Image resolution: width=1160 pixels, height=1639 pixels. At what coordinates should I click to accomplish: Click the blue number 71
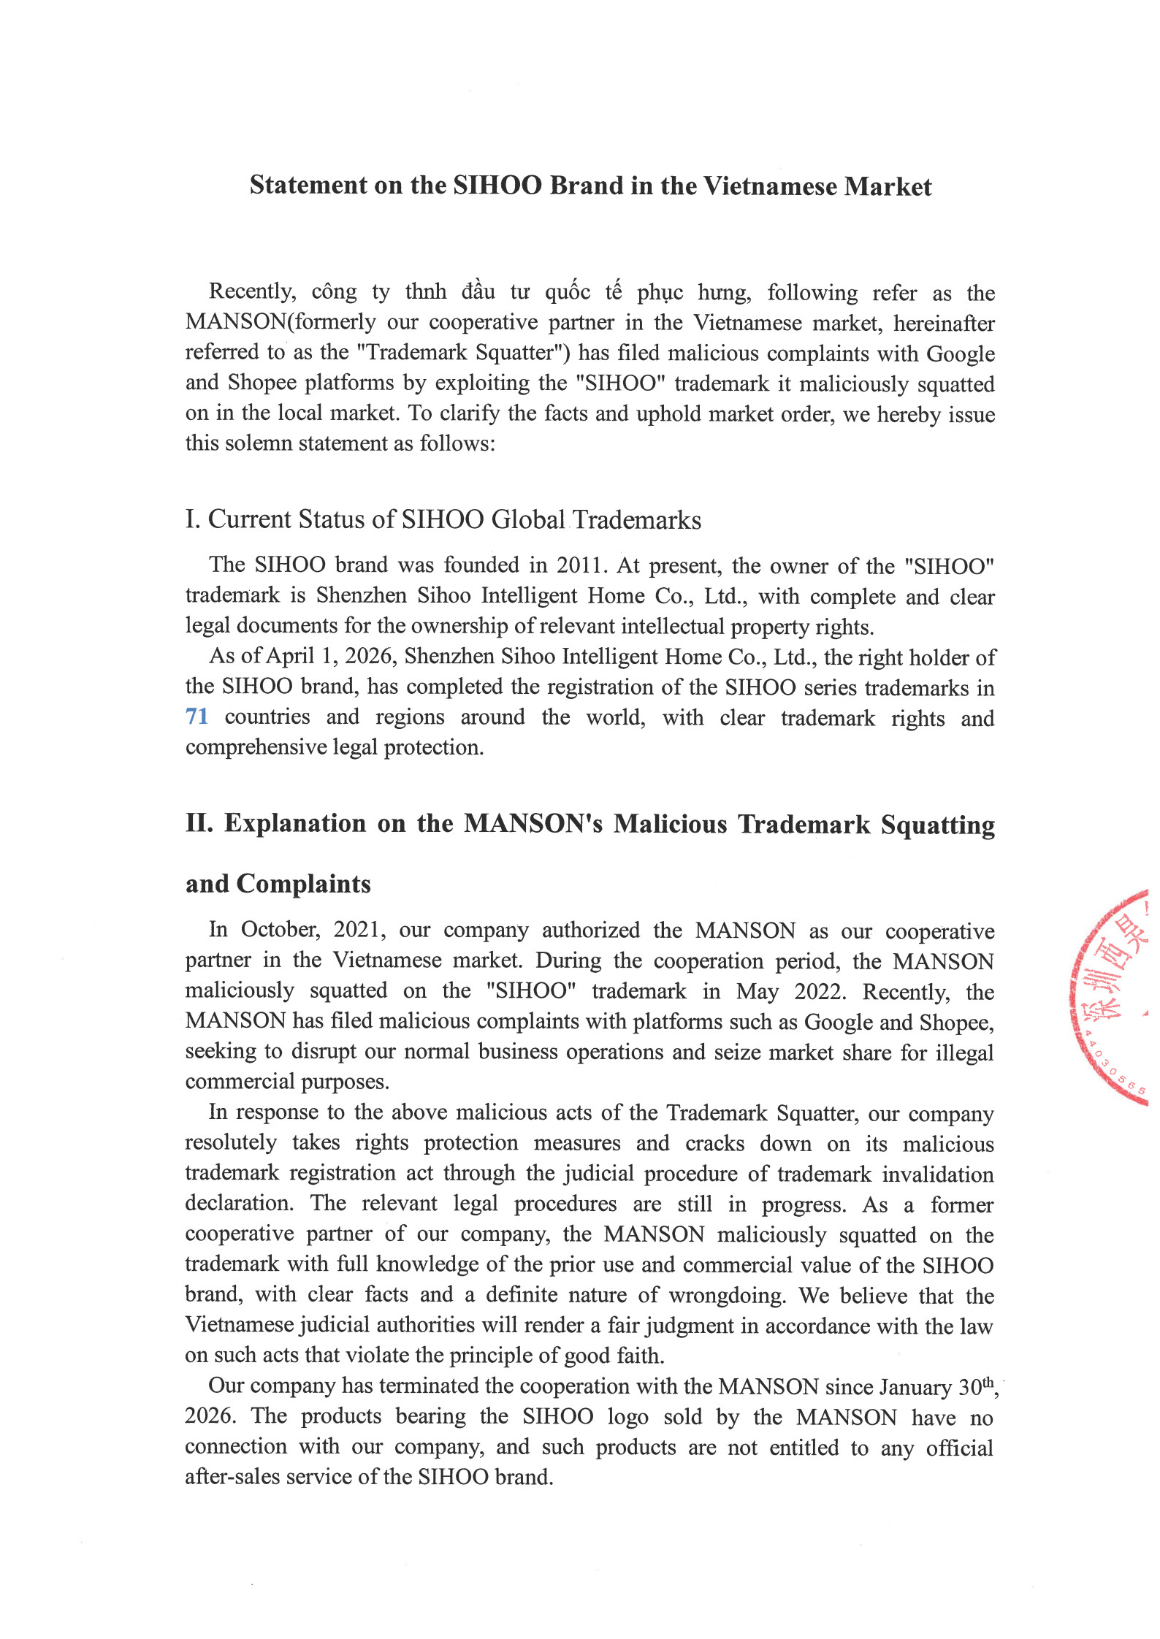196,717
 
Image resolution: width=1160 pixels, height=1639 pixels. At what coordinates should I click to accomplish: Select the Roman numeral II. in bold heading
199,823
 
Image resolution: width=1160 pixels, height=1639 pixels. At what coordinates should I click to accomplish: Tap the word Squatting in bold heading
937,825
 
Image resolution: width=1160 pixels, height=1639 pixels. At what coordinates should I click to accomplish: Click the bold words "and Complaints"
278,884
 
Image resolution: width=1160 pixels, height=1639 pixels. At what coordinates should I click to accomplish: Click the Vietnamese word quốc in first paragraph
568,292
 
